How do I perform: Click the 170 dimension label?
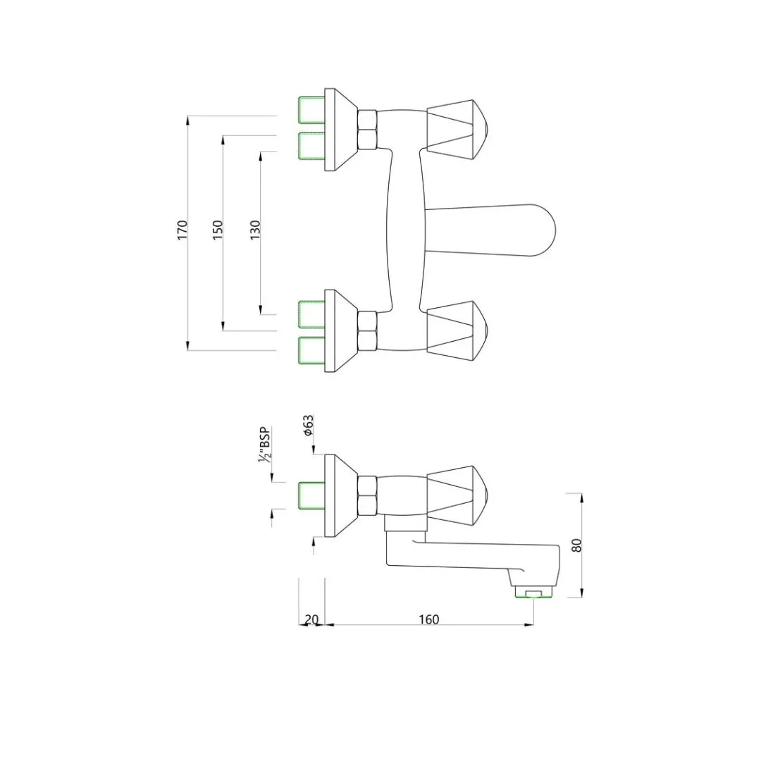(182, 230)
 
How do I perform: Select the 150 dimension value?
(218, 230)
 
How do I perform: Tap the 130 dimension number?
(255, 230)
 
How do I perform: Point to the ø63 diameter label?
(309, 426)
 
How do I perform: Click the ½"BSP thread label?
(265, 445)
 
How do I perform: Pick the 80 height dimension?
(576, 545)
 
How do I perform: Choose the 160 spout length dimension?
(428, 619)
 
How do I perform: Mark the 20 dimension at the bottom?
(311, 620)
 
